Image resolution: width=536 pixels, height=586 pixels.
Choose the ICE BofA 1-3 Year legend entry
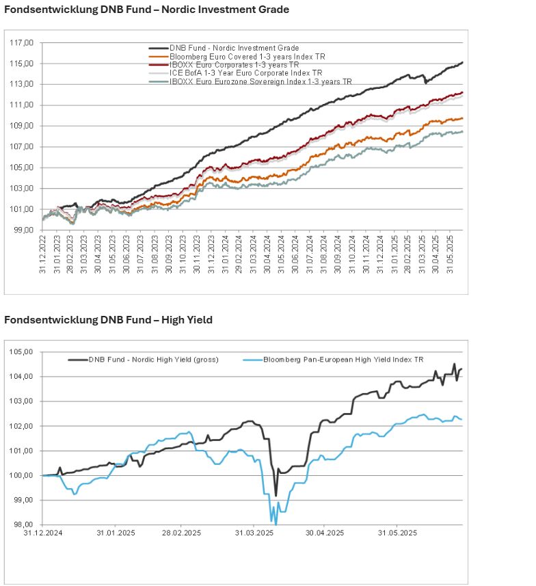(x=245, y=72)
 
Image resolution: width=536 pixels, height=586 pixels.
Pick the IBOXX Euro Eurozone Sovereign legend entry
(x=260, y=81)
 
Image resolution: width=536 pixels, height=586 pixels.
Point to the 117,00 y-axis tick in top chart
(x=21, y=43)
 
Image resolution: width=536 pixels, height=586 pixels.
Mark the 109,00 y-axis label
(x=21, y=126)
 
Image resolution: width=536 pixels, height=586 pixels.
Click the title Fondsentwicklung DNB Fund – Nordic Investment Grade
(x=146, y=10)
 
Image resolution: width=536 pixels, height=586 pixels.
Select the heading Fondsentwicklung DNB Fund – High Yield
(x=108, y=319)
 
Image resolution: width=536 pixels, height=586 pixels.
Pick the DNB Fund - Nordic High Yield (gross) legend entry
(x=153, y=359)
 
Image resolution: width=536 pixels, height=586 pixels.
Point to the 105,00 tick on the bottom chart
(x=23, y=352)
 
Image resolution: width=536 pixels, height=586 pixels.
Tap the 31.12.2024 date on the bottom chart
(x=44, y=533)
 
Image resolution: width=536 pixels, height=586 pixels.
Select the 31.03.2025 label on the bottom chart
(x=254, y=533)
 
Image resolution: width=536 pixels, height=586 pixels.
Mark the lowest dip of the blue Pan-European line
(x=276, y=524)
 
